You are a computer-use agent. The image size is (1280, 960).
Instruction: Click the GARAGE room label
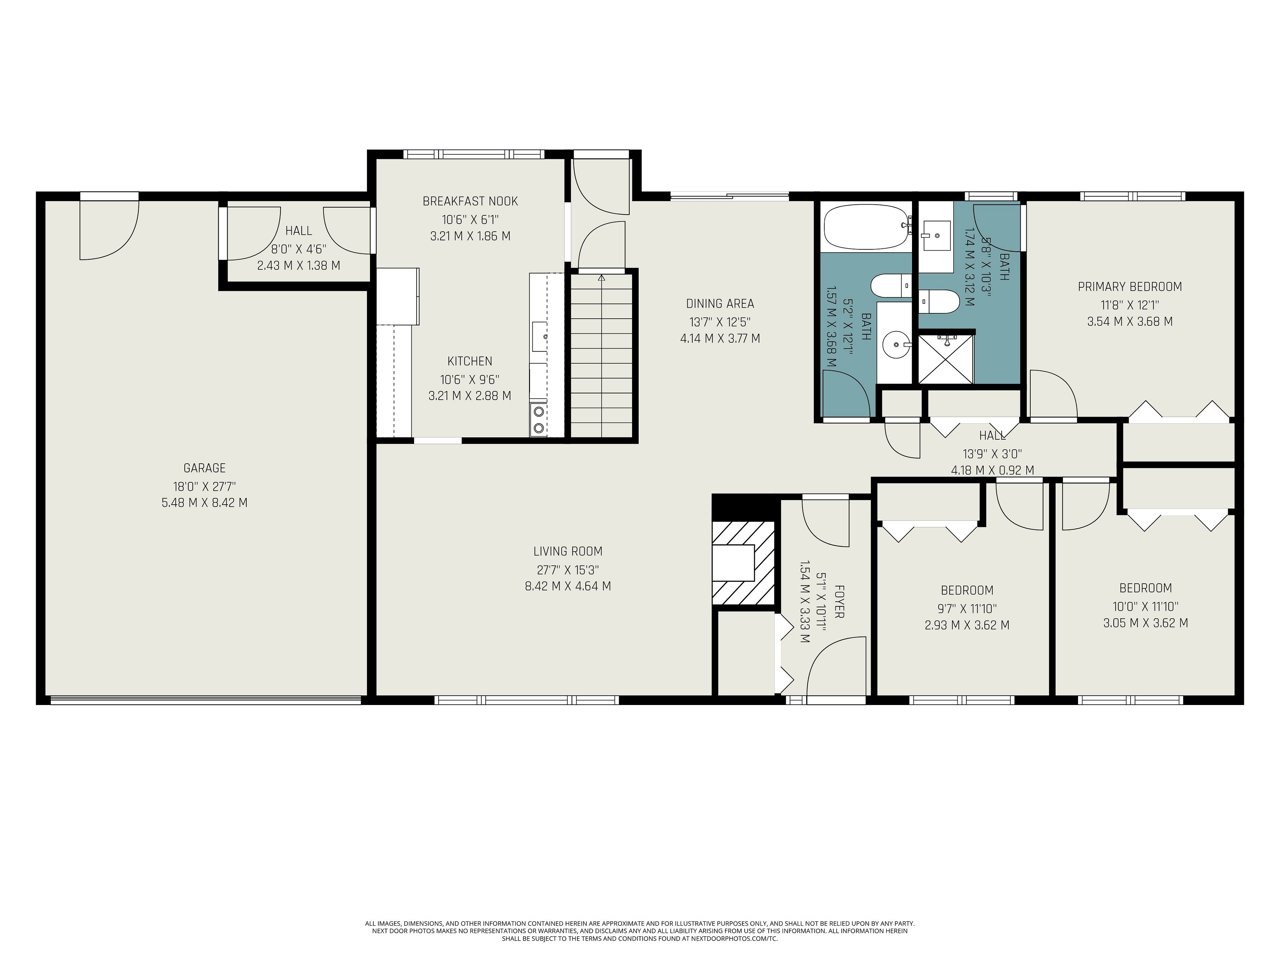(204, 468)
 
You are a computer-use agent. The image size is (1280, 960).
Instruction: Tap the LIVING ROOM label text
(568, 551)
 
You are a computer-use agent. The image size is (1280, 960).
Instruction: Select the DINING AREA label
(720, 304)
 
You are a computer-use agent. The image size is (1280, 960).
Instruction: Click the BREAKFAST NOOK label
(470, 201)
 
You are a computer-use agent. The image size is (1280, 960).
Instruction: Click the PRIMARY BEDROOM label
(1130, 286)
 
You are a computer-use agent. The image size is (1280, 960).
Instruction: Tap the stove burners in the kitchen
(539, 420)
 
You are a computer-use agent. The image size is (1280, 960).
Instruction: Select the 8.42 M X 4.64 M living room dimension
(568, 586)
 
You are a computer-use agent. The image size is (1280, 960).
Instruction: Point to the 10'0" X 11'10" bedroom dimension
(1145, 606)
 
